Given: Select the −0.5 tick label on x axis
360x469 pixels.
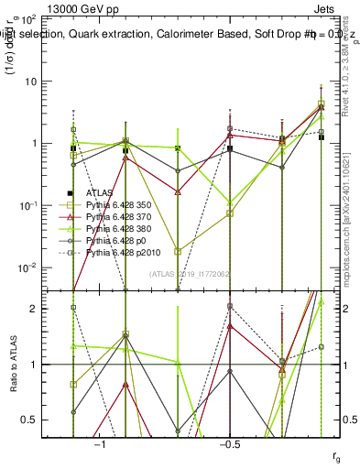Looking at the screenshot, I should pyautogui.click(x=229, y=443).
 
